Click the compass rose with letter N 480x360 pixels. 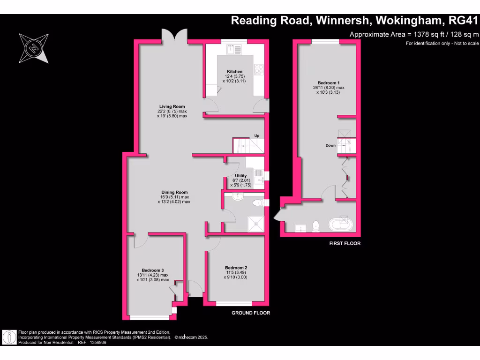[x=33, y=48]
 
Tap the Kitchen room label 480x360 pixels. [x=233, y=72]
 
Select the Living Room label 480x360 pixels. [x=172, y=106]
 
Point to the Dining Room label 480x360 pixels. [x=174, y=192]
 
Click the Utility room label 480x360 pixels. [x=240, y=176]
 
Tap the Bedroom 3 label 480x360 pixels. [x=153, y=270]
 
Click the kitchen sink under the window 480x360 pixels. [x=233, y=48]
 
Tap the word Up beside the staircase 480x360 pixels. [x=256, y=136]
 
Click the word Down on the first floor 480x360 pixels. [x=331, y=145]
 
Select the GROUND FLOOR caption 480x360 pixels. [x=251, y=313]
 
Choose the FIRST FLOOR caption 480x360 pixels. [x=344, y=244]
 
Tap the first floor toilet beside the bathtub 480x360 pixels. [x=316, y=225]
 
